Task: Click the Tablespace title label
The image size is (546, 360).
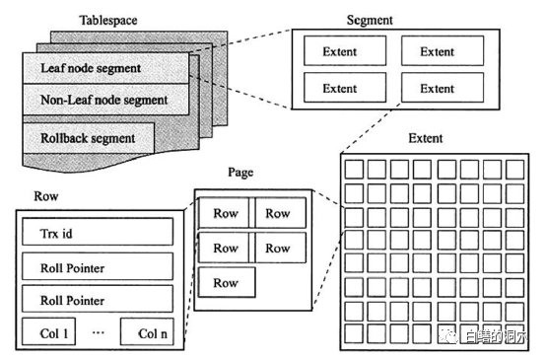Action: (108, 20)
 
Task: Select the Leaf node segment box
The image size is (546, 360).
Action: (105, 68)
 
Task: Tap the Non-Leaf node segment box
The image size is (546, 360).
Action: (105, 100)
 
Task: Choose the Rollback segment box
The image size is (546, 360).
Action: (89, 138)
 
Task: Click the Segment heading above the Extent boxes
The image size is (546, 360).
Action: (370, 20)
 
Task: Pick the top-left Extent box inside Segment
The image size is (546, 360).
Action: (345, 51)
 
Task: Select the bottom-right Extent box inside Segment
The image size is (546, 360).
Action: (443, 88)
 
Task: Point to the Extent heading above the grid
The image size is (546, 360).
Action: (426, 138)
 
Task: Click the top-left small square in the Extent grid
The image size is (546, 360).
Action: (354, 170)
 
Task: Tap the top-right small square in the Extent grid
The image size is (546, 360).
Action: (515, 170)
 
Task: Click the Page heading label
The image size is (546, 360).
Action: (240, 173)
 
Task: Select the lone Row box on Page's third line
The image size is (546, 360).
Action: (227, 282)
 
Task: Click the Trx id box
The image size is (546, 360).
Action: (98, 232)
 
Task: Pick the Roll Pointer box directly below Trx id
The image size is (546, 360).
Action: (98, 266)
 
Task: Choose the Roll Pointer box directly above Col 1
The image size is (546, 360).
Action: (98, 299)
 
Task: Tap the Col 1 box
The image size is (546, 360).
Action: (48, 331)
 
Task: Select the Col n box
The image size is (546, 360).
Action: (147, 331)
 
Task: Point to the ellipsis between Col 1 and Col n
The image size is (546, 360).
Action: (99, 332)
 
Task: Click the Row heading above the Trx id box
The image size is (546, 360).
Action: (46, 196)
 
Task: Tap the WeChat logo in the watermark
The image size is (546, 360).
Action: (447, 335)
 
